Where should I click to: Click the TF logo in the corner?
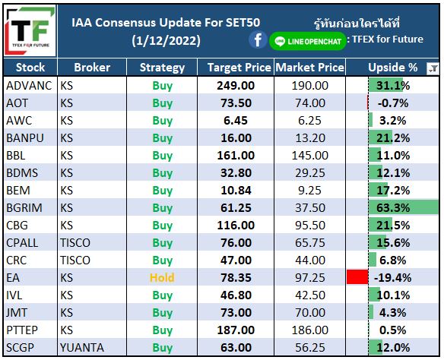[30, 30]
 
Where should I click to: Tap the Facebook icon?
[258, 40]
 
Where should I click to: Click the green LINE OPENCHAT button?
[307, 41]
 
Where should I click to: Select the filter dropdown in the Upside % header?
[433, 68]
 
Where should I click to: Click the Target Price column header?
[239, 68]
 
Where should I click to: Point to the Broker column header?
[92, 68]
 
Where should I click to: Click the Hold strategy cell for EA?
[162, 278]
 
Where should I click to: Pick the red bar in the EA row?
[357, 277]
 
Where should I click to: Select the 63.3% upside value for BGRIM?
[393, 208]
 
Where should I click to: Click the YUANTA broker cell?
[82, 348]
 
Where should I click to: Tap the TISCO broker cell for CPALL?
[75, 242]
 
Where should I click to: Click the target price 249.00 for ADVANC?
[236, 85]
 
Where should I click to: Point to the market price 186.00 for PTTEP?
[309, 330]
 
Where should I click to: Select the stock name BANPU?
[25, 138]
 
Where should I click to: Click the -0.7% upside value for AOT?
[393, 103]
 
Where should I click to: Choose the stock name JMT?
[17, 312]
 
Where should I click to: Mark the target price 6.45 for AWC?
[236, 121]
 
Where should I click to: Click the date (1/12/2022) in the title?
[166, 40]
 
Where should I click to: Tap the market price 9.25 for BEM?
[309, 191]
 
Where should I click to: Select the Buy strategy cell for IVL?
[162, 295]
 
